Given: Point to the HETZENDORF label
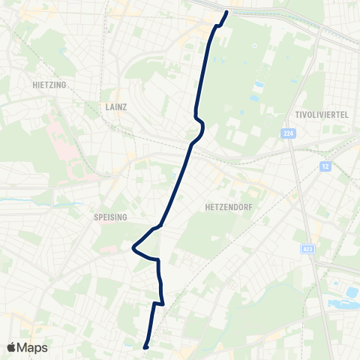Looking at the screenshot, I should (226, 204).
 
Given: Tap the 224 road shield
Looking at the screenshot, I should (289, 133).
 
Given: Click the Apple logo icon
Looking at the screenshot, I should (12, 347).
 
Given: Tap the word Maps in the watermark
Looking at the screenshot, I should (33, 347).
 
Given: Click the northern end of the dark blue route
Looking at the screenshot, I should (226, 13).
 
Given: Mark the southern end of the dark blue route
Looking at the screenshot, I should (145, 346).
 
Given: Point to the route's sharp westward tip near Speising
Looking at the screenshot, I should (133, 247).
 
